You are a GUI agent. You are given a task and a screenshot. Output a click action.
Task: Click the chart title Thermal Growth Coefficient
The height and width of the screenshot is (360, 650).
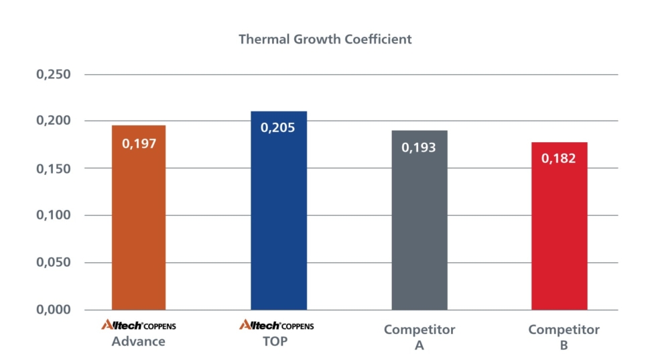325,39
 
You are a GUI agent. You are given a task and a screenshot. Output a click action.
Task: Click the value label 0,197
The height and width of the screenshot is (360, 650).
139,143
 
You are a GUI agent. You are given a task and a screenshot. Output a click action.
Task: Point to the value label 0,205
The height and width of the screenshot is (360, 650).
278,127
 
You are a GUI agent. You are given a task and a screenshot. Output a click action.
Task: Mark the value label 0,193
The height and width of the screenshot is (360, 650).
419,147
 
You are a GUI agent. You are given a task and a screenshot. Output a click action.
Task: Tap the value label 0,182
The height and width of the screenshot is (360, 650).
559,159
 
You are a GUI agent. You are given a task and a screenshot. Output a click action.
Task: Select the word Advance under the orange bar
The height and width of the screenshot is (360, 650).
138,341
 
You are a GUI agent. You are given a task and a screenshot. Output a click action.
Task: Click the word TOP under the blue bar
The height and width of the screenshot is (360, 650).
277,341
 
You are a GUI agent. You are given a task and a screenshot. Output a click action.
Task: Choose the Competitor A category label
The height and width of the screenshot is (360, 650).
419,337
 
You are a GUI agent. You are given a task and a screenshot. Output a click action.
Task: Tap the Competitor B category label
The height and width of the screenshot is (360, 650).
564,337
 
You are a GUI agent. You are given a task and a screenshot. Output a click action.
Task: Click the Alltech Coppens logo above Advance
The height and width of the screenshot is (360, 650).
138,326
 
